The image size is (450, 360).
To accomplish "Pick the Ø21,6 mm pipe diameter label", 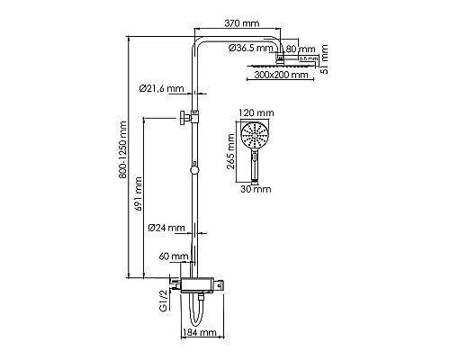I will [161, 87].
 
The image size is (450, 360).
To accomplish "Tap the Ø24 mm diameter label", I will [166, 228].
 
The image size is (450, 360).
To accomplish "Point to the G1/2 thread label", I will [163, 294].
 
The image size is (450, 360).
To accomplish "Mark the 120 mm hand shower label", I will [257, 114].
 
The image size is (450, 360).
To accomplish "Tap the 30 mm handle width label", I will [257, 190].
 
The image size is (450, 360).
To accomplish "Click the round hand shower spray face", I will [257, 138].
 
